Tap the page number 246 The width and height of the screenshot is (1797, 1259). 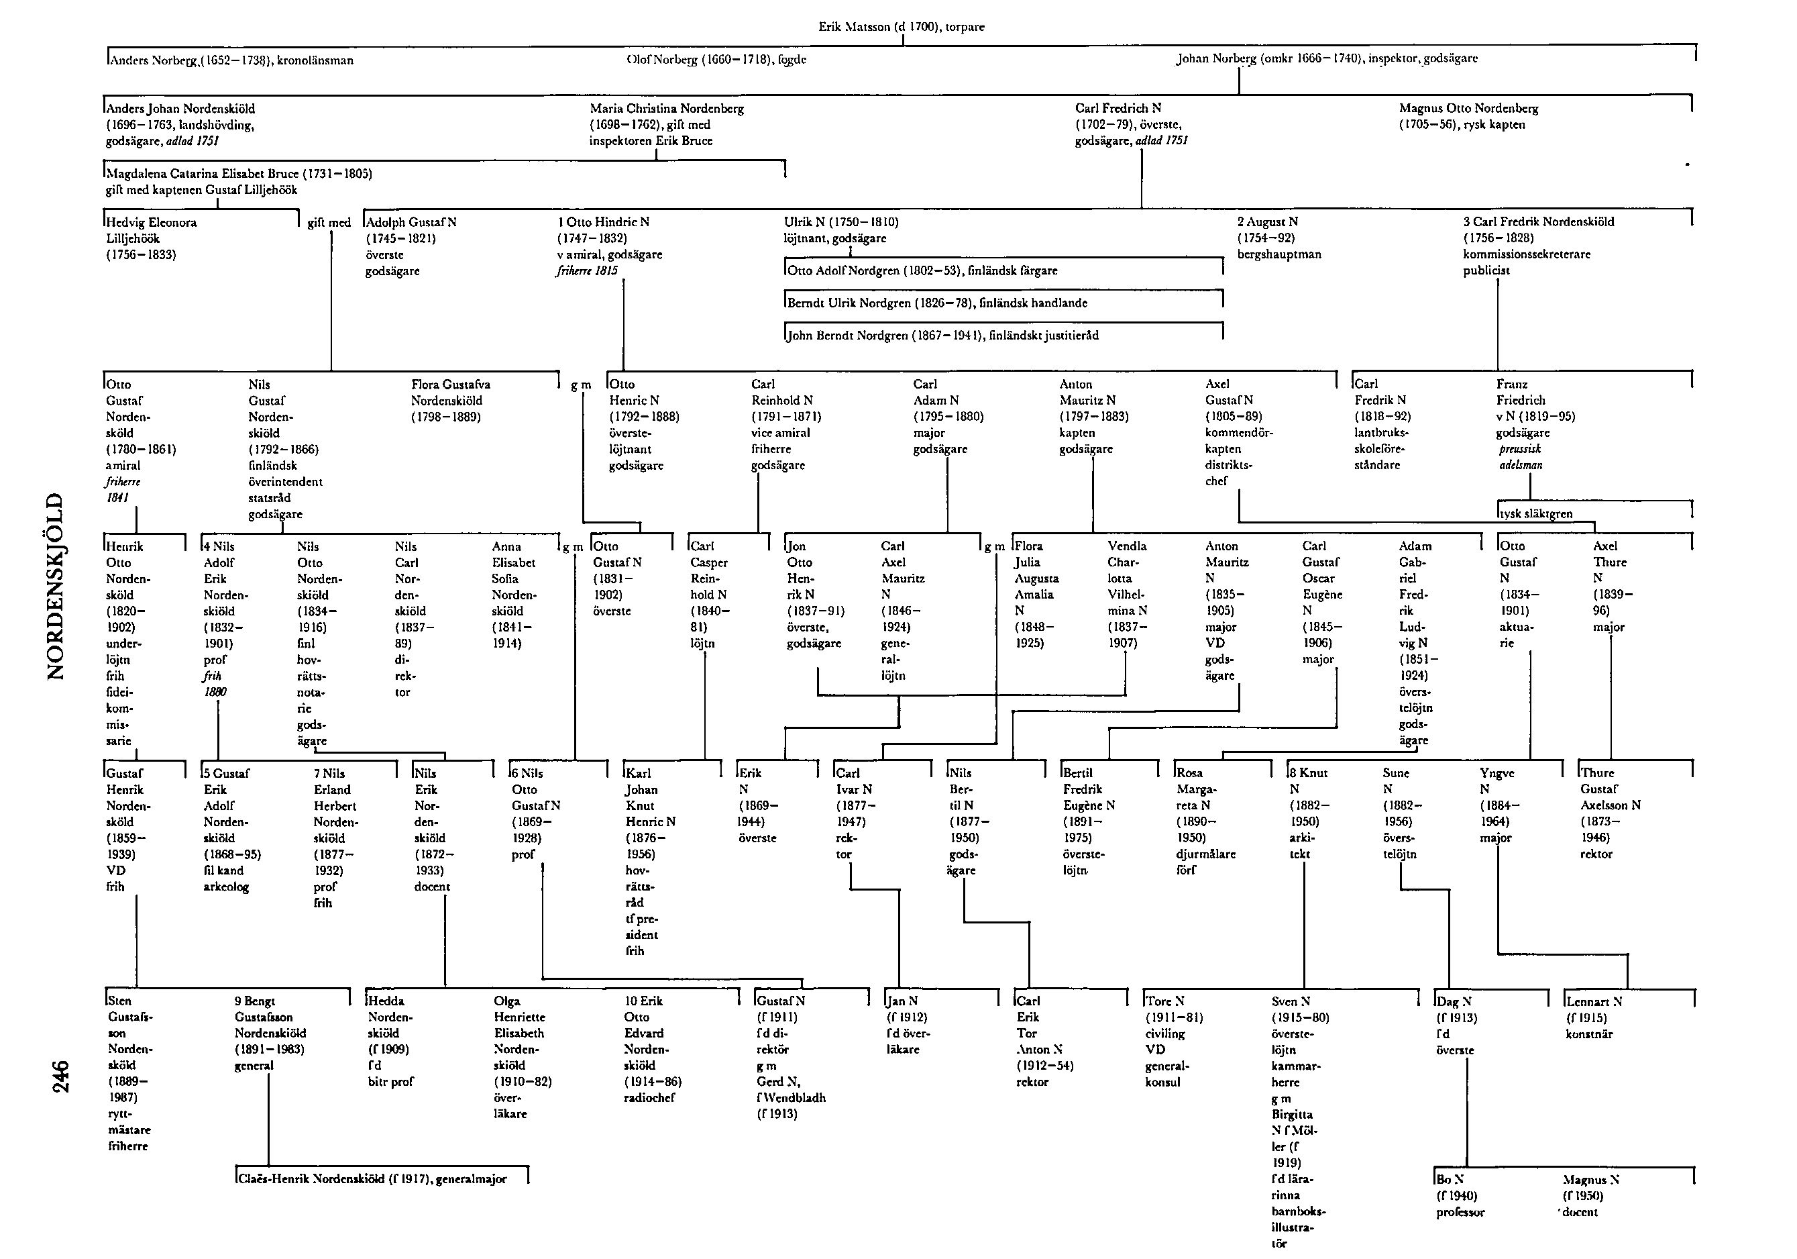pos(60,1076)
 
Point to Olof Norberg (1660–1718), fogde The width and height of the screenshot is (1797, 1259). pos(716,60)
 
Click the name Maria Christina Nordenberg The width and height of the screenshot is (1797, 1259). pos(667,109)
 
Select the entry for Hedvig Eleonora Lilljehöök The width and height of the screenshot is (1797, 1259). pos(152,238)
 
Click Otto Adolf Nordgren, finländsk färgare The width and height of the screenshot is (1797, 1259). pos(922,271)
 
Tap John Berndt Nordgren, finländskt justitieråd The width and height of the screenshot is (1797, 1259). pos(942,336)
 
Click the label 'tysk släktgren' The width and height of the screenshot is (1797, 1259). pos(1535,513)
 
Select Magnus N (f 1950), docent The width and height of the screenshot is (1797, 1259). pos(1590,1196)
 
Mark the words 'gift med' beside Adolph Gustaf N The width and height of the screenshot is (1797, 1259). pos(329,223)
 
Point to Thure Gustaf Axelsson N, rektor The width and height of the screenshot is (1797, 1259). pos(1610,813)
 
